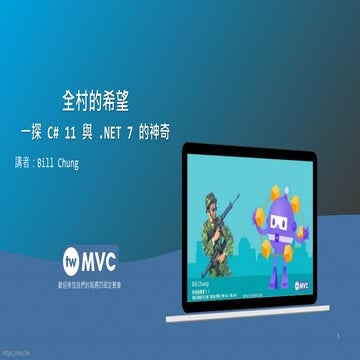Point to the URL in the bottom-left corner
pyautogui.click(x=15, y=353)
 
